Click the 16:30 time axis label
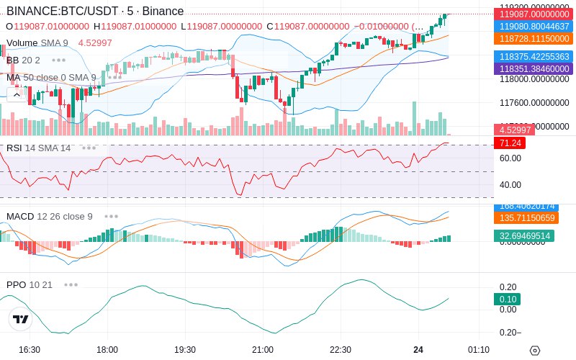tap(29, 350)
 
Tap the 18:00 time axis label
tap(107, 350)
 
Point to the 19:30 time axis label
tap(185, 350)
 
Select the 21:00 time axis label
tap(263, 350)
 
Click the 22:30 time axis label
tap(341, 350)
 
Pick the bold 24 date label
tap(418, 350)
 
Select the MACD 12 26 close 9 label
tap(49, 216)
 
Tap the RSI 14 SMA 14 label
tap(38, 148)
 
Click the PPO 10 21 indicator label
tap(30, 284)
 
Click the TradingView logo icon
tap(21, 319)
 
